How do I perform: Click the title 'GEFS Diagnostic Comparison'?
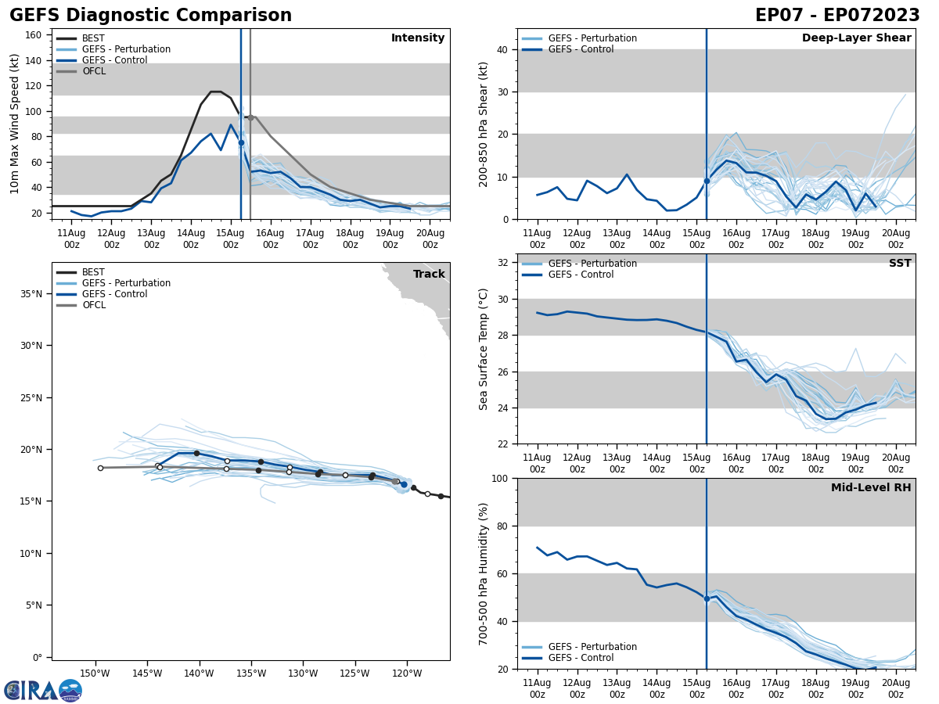click(x=150, y=16)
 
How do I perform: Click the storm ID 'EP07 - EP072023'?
click(x=837, y=16)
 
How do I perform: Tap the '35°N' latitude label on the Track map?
click(x=31, y=294)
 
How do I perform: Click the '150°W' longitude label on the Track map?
click(x=94, y=674)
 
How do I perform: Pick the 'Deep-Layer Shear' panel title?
click(x=856, y=38)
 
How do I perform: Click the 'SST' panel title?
click(x=899, y=264)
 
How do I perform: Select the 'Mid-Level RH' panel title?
click(x=870, y=488)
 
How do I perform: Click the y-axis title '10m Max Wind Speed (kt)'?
click(x=15, y=124)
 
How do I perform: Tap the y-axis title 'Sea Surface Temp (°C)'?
click(x=484, y=349)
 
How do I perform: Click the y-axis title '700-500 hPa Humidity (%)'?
click(x=484, y=573)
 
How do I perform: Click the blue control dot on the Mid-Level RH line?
click(x=707, y=598)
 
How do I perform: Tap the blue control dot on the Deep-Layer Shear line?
click(x=707, y=181)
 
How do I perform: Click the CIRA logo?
click(x=43, y=690)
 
